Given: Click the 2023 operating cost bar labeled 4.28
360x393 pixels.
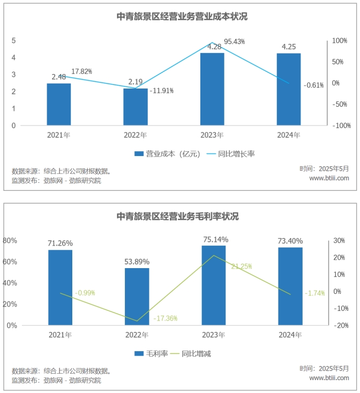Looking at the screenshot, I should click(212, 89).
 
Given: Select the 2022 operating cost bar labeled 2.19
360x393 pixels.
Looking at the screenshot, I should click(136, 107).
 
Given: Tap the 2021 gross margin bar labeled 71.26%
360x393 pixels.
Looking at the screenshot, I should click(60, 287).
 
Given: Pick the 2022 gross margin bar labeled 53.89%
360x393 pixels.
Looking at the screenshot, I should click(137, 296).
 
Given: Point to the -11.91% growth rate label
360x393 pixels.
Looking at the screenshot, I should click(162, 91).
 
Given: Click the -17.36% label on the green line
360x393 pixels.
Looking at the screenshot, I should click(165, 318).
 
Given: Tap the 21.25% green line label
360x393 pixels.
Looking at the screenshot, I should click(241, 266).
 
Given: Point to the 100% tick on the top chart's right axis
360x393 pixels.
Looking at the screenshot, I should click(339, 41).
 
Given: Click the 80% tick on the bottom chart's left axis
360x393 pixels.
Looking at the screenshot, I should click(11, 241).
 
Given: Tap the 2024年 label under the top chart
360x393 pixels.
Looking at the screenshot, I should click(289, 136).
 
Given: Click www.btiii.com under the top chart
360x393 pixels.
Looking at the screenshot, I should click(329, 178).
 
